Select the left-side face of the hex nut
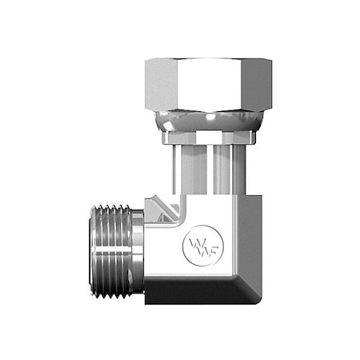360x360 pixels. click(x=156, y=84)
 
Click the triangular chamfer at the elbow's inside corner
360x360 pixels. click(x=165, y=209)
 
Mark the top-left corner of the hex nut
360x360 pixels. click(x=146, y=62)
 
